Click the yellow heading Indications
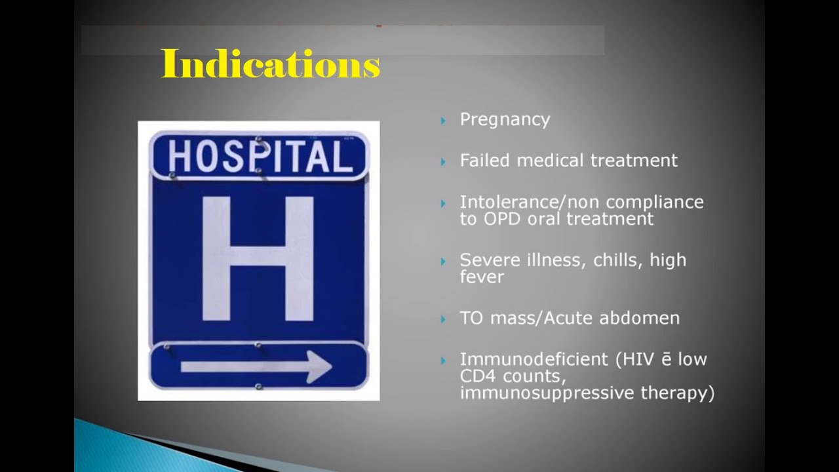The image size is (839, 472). point(270,64)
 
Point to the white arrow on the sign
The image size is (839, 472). point(256,366)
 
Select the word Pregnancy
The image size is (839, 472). point(505,120)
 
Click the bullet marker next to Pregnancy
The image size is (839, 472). point(444,121)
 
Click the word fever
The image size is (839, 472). point(482,277)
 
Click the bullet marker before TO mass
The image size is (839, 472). point(444,319)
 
